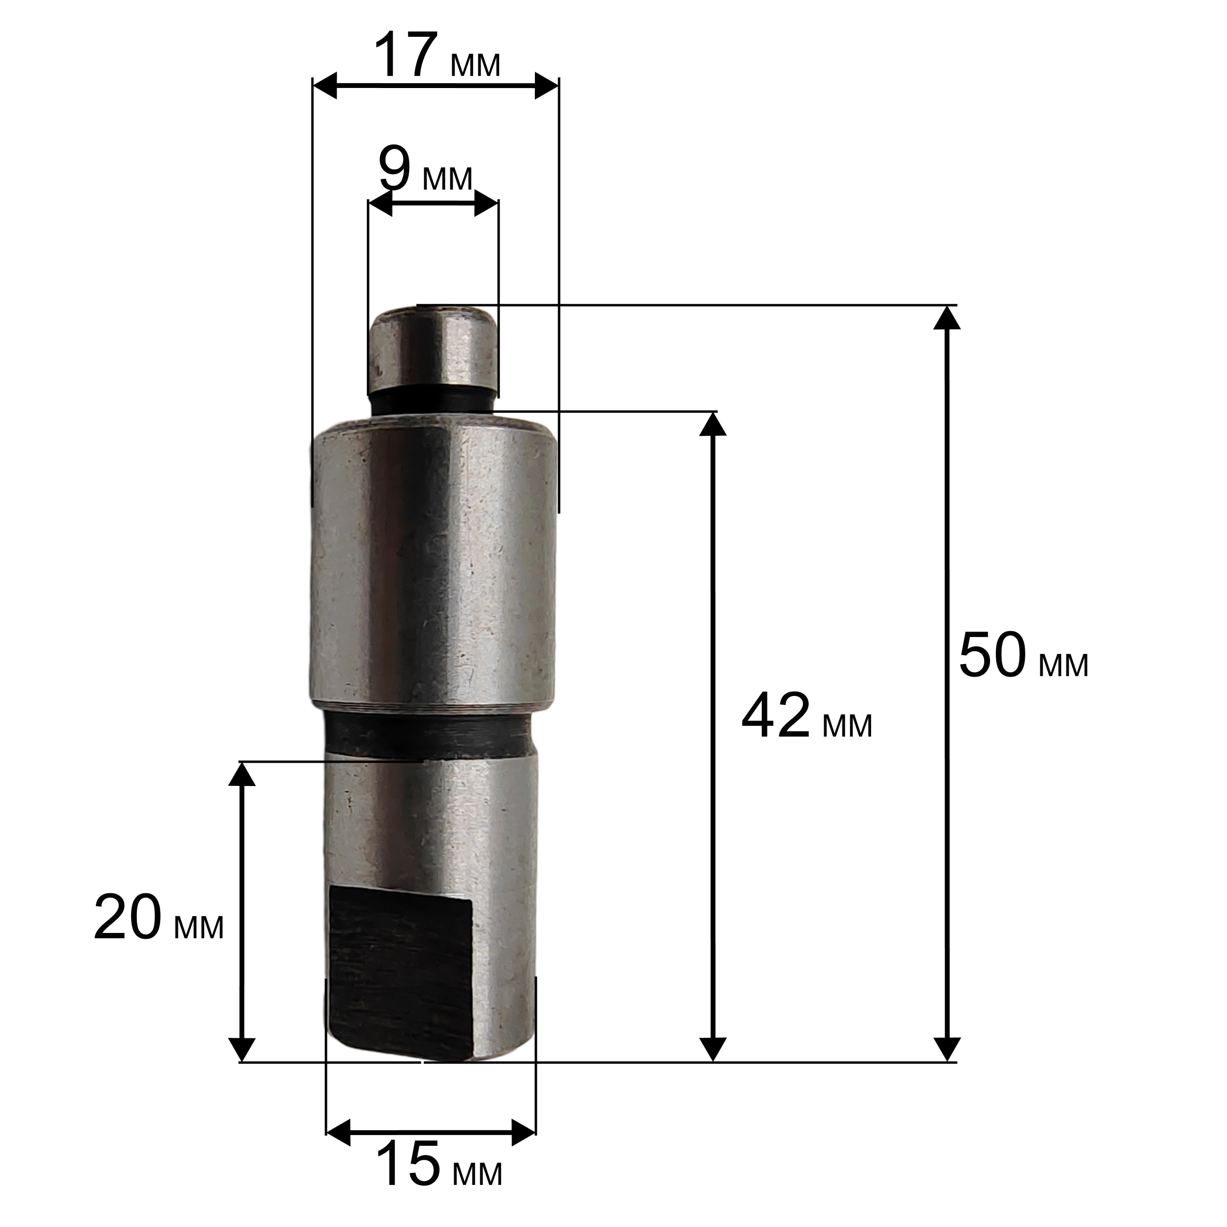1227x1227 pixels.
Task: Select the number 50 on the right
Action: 992,655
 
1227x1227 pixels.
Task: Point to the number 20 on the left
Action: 128,917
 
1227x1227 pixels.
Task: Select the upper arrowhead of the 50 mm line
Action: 947,318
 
